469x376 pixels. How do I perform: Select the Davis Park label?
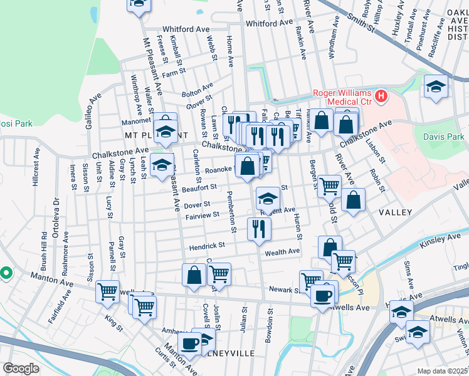449,137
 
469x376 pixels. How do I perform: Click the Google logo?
21,368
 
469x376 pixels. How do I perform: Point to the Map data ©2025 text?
443,371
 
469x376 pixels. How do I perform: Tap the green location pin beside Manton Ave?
6,273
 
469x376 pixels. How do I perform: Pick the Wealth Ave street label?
283,252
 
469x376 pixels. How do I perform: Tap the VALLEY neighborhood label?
396,212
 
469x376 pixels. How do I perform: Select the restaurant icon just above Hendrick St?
258,229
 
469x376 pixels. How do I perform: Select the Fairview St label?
202,215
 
